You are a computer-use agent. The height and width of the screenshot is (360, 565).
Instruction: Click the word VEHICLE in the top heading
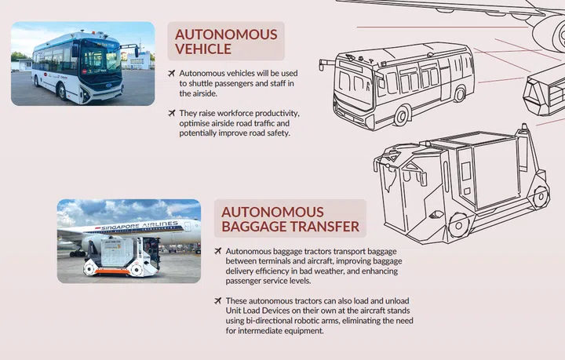[x=203, y=49]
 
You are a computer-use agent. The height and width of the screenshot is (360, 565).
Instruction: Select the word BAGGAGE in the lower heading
[x=258, y=227]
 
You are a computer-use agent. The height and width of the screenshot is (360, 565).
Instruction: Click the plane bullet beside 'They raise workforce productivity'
[x=172, y=113]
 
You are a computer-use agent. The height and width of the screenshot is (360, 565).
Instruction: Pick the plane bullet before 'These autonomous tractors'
[x=217, y=301]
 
